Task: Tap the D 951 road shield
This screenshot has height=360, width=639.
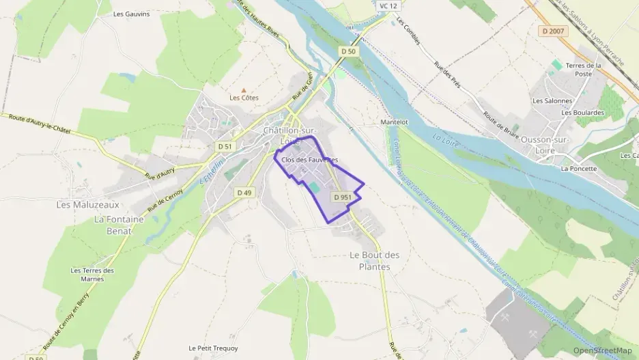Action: pos(342,197)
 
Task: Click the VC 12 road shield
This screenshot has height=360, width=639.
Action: pos(388,5)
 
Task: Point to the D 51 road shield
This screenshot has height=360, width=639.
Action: pos(225,146)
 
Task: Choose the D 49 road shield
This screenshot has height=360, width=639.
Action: pos(244,193)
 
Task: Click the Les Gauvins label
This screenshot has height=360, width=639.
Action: pos(131,13)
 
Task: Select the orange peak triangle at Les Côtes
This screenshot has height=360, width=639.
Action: pos(244,89)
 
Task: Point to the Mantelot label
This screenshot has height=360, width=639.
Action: pos(394,122)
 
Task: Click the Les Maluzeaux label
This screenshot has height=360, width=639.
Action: pos(87,204)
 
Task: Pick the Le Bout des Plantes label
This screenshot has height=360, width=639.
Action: pos(374,260)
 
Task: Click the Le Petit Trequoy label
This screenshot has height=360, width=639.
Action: pos(214,348)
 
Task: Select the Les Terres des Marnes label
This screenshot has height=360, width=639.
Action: pos(92,274)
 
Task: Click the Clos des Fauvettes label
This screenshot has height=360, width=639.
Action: pos(309,160)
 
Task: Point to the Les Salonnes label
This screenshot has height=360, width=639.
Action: pos(552,100)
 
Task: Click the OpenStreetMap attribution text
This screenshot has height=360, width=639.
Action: pos(602,350)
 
